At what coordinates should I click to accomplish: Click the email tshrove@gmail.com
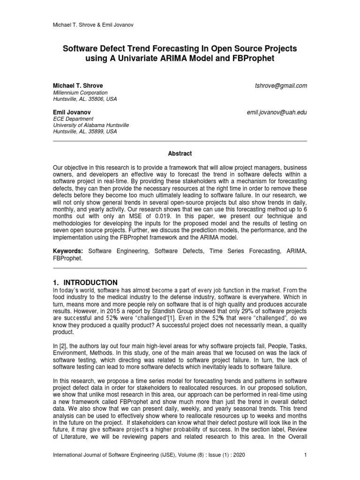pos(280,86)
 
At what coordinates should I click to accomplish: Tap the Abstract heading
pos(180,153)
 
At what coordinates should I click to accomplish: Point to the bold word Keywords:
pos(68,252)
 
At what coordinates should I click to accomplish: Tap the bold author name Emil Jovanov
pos(72,112)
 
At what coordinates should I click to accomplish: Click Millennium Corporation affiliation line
pos(80,93)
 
